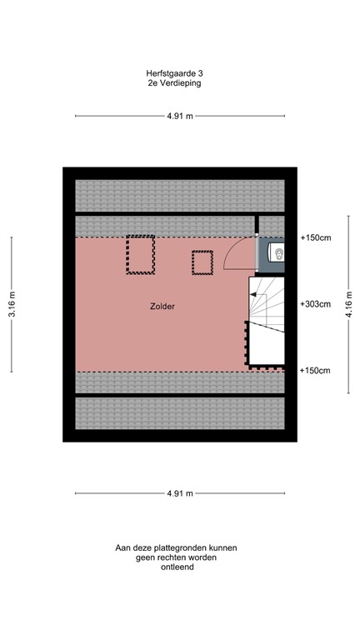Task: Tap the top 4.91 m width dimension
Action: (x=179, y=116)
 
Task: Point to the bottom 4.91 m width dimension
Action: (x=179, y=493)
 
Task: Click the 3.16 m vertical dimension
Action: (x=12, y=305)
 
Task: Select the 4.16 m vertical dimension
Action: (x=348, y=305)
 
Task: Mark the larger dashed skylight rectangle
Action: (x=141, y=255)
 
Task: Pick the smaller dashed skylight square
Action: (x=202, y=262)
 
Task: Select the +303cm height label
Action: (x=315, y=304)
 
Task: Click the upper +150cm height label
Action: (x=315, y=238)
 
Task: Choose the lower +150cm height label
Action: (x=315, y=370)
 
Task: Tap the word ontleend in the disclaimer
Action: (x=177, y=567)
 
